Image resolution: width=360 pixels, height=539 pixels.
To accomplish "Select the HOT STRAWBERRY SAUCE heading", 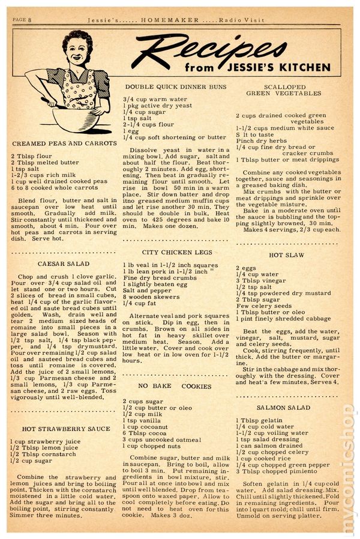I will click(x=66, y=429).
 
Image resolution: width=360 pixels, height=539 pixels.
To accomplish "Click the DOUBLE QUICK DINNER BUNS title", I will click(x=175, y=86).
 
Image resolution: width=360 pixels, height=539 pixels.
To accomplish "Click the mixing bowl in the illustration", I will click(x=76, y=117).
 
